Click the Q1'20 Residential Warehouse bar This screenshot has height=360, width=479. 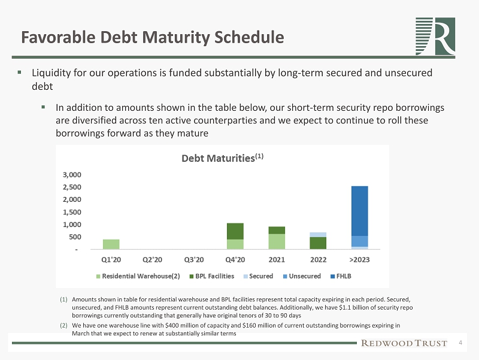tap(111, 244)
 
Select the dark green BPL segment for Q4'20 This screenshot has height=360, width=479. tap(235, 231)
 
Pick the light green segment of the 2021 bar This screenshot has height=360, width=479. tap(277, 241)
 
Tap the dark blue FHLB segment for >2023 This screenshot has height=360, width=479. tap(359, 211)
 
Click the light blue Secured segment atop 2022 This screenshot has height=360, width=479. tap(318, 235)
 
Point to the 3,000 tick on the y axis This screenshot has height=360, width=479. tap(74, 175)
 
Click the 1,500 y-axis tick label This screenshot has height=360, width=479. tap(74, 212)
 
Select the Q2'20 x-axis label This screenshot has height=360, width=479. tap(152, 260)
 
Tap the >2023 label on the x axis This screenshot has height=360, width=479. tap(359, 260)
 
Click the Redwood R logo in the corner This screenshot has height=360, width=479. tap(435, 36)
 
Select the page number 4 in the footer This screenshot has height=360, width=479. tap(460, 343)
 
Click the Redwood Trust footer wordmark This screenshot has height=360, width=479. tap(404, 343)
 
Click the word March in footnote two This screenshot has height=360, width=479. tap(81, 333)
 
